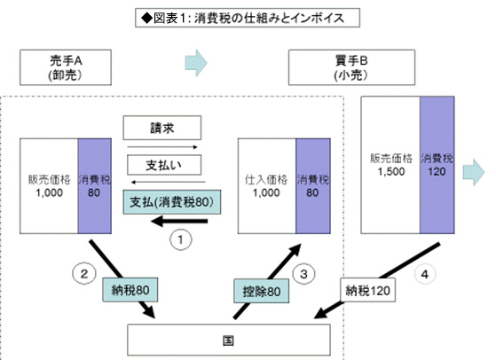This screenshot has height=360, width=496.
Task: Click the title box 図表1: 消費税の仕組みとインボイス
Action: tap(248, 18)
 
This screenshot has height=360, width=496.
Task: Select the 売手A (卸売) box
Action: tap(66, 67)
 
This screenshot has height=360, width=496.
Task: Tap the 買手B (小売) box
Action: tap(351, 67)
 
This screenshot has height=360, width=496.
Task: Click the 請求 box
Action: tap(162, 128)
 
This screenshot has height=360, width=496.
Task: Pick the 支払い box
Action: tap(164, 165)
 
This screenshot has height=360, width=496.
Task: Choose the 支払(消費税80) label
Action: tap(172, 202)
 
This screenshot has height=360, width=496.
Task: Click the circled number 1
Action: tap(181, 239)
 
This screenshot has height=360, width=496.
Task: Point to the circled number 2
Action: tap(84, 274)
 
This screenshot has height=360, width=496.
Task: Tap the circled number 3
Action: tap(303, 274)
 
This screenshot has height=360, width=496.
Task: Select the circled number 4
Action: tap(425, 274)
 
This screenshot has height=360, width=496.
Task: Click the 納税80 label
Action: tap(130, 290)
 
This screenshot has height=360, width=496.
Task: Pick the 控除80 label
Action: tap(261, 291)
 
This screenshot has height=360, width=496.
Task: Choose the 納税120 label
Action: tap(367, 290)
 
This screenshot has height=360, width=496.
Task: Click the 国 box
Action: tap(229, 340)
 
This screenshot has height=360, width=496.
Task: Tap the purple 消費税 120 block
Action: tap(437, 165)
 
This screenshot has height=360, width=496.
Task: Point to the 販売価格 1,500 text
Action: tap(391, 165)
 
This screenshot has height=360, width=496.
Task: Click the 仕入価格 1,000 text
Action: tap(266, 186)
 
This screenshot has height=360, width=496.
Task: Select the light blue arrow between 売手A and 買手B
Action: tap(196, 63)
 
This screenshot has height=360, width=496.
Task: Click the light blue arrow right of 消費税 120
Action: tap(474, 172)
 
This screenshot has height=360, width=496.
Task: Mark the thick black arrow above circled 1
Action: tap(179, 222)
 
